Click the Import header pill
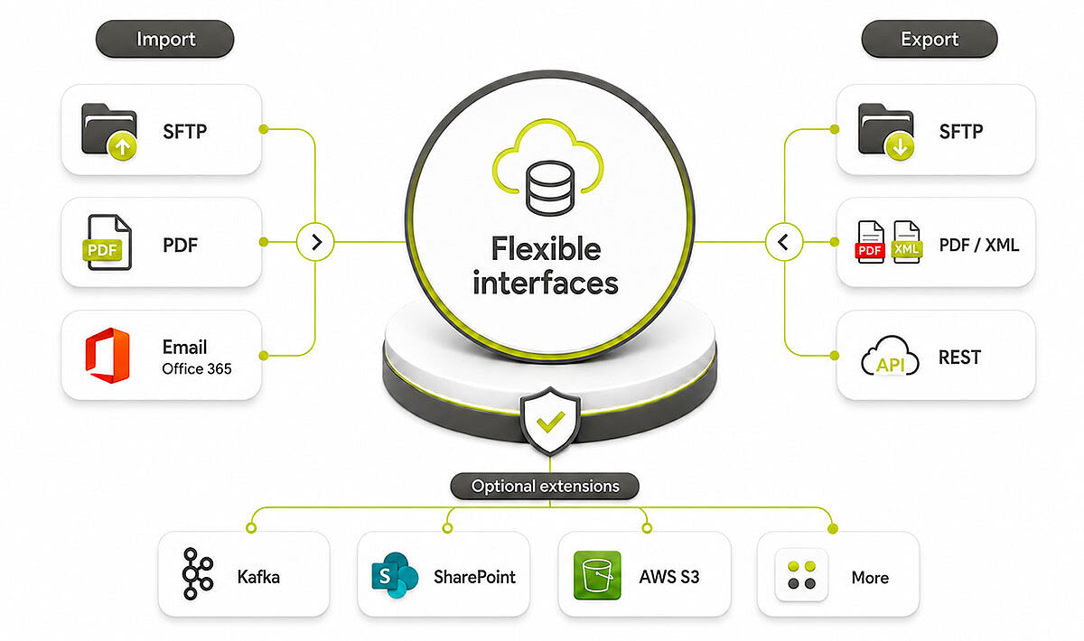pyautogui.click(x=165, y=39)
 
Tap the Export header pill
pyautogui.click(x=930, y=39)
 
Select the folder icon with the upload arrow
pyautogui.click(x=109, y=131)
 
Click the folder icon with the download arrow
pyautogui.click(x=886, y=131)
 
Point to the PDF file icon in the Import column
pyautogui.click(x=107, y=242)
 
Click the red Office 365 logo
pyautogui.click(x=107, y=355)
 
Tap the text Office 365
pyautogui.click(x=197, y=368)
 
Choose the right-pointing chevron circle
pyautogui.click(x=315, y=242)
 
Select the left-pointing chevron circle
pyautogui.click(x=784, y=242)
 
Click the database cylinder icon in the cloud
pyautogui.click(x=550, y=188)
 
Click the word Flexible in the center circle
pyautogui.click(x=547, y=248)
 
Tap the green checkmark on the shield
pyautogui.click(x=550, y=422)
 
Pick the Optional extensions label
pyautogui.click(x=545, y=487)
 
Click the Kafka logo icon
pyautogui.click(x=198, y=574)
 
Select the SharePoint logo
pyautogui.click(x=395, y=575)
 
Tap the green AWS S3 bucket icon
pyautogui.click(x=597, y=575)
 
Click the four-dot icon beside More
pyautogui.click(x=801, y=575)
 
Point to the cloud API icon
pyautogui.click(x=890, y=356)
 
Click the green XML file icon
pyautogui.click(x=906, y=242)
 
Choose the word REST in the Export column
pyautogui.click(x=959, y=358)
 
